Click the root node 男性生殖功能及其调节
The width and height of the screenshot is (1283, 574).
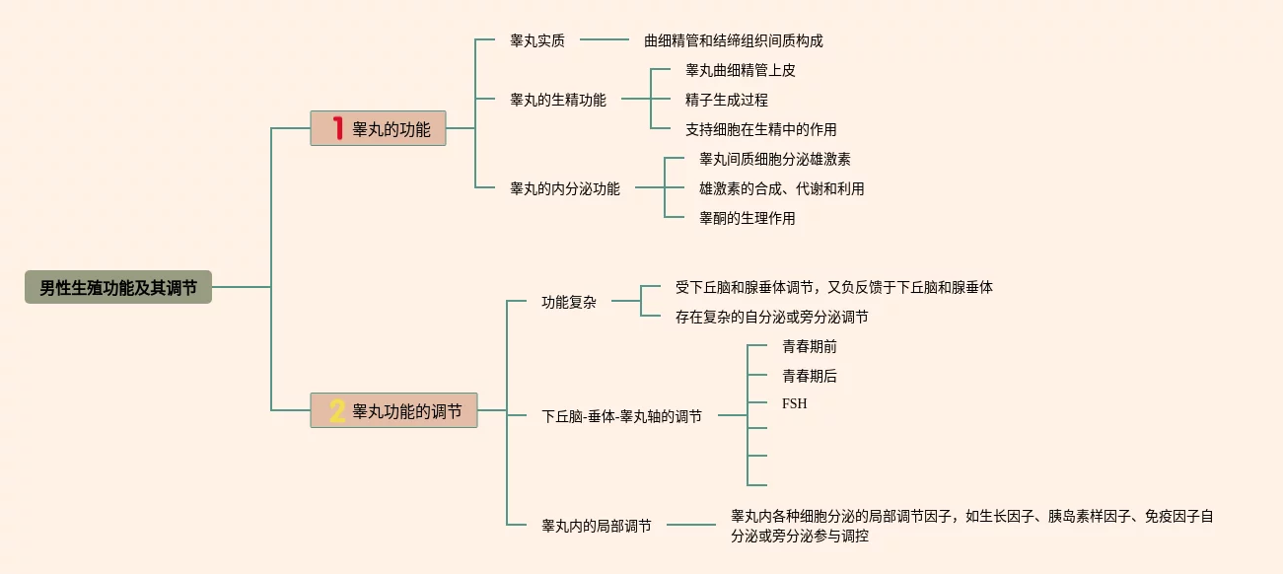tap(118, 288)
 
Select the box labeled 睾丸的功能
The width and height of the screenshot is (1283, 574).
tap(379, 128)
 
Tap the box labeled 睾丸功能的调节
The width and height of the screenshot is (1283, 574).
tap(393, 410)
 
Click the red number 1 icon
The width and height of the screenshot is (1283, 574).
tap(337, 128)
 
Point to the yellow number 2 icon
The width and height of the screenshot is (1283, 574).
tap(337, 410)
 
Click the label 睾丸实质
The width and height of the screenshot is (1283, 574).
tap(537, 40)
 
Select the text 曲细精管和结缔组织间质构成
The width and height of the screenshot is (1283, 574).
tap(733, 40)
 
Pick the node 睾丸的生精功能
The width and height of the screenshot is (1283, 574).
tap(558, 100)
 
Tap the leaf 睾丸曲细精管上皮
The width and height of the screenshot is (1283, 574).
tap(741, 70)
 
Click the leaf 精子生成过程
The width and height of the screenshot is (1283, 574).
tap(727, 100)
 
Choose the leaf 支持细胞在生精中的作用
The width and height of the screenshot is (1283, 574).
tap(761, 129)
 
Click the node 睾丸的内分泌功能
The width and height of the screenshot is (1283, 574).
tap(565, 188)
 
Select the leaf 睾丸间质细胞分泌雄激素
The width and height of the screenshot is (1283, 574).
tap(775, 159)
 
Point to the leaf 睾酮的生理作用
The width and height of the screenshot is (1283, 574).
tap(748, 218)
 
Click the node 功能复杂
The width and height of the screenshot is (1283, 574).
tap(569, 303)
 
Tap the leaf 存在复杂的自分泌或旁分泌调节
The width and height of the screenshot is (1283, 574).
tap(772, 317)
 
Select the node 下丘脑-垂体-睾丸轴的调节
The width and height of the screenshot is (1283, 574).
tap(622, 416)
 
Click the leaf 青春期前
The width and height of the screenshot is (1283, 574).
tap(810, 346)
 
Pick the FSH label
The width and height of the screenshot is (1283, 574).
tap(794, 403)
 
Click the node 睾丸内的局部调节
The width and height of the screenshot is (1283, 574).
tap(597, 526)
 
